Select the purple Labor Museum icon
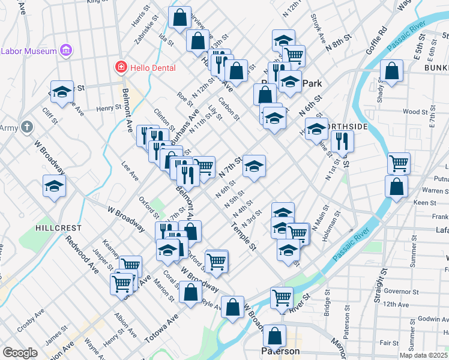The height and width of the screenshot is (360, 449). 67,51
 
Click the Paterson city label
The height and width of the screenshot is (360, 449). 280,351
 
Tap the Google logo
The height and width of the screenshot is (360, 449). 20,353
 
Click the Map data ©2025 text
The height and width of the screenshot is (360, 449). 422,355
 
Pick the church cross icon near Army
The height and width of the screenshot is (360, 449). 26,127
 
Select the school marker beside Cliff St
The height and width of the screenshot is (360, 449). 54,186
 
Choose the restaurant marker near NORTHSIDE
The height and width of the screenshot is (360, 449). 342,142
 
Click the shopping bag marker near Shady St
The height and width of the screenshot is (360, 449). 391,71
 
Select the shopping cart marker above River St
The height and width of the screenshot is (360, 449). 281,296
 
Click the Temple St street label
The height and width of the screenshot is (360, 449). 244,237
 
